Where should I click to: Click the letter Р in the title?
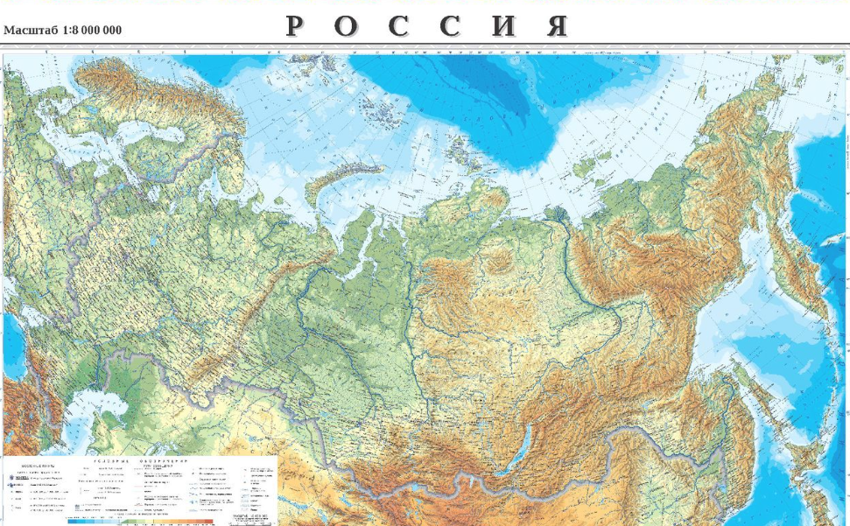pos(295,26)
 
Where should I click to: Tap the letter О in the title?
pos(346,26)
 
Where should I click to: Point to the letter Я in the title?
pos(558,26)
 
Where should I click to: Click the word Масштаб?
pos(31,31)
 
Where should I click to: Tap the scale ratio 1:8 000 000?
pos(92,31)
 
